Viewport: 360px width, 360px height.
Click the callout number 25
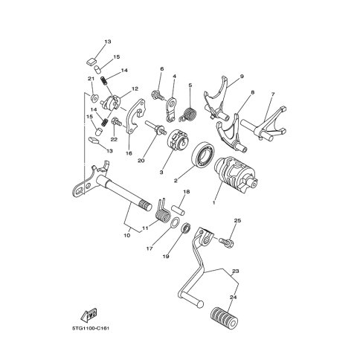[x=237, y=220]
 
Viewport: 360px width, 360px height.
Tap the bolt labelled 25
[x=226, y=242]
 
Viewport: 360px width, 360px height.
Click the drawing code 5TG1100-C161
[x=91, y=328]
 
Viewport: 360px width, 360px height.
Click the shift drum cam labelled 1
[x=236, y=176]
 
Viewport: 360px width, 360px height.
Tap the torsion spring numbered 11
[x=163, y=211]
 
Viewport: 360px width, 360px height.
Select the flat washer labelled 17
[x=175, y=222]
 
